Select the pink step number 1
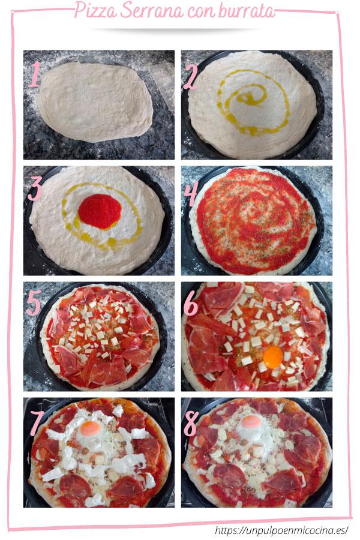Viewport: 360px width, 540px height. (x=35, y=76)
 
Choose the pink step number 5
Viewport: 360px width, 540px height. (x=34, y=304)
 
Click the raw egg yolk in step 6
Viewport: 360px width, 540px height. (x=273, y=357)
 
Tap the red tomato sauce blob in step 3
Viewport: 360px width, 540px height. (x=100, y=211)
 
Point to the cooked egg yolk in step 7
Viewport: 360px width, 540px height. (x=90, y=428)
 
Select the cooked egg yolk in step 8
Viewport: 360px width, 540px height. (x=251, y=422)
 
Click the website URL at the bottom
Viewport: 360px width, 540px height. (x=281, y=530)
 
